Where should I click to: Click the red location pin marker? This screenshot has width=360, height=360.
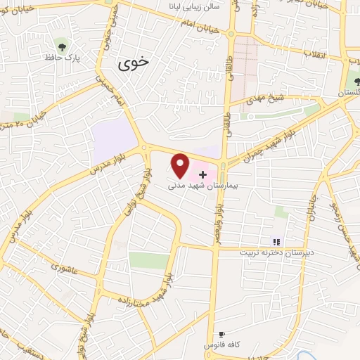[x=181, y=166]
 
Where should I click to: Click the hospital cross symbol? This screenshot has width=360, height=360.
[x=204, y=173]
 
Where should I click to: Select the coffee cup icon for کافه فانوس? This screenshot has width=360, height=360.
[x=222, y=335]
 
